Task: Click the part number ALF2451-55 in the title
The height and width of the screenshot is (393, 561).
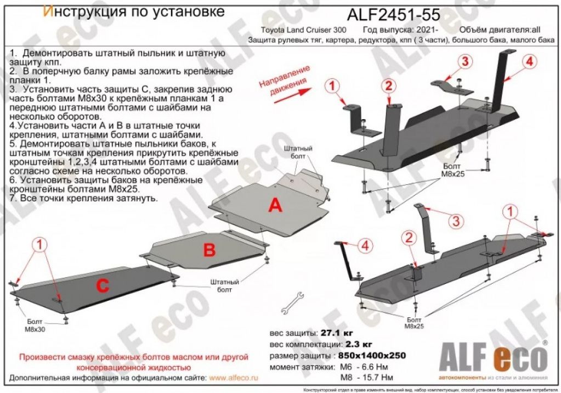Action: pos(393,14)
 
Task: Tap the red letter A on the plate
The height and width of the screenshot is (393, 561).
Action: pos(275,206)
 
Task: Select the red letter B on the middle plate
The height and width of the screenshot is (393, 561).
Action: pos(209,251)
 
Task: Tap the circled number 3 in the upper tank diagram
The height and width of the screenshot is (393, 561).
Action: pos(465,61)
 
